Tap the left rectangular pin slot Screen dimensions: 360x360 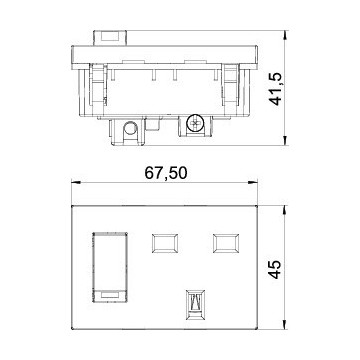pos(161,243)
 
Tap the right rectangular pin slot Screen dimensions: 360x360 pos(225,243)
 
